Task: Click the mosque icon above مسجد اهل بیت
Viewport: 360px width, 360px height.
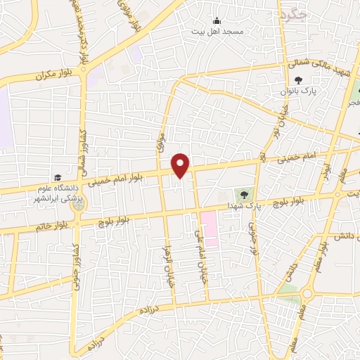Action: pyautogui.click(x=217, y=20)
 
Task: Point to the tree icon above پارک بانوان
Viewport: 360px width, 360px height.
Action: pyautogui.click(x=298, y=81)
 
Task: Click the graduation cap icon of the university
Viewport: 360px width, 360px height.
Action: pyautogui.click(x=56, y=177)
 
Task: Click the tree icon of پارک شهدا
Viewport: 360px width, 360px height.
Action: pyautogui.click(x=244, y=193)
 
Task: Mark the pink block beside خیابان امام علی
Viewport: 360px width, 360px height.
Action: pyautogui.click(x=209, y=229)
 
